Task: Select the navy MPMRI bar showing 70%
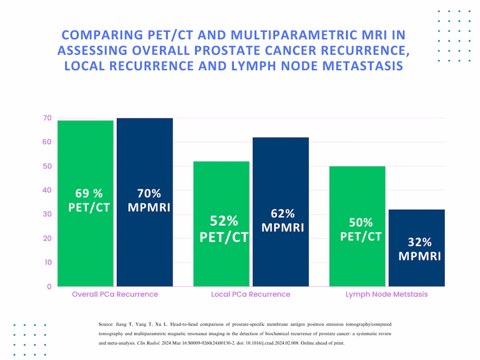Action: [x=144, y=248]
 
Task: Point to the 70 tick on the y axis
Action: [x=47, y=118]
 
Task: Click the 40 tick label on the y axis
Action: [x=47, y=190]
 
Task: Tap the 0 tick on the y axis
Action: [x=49, y=286]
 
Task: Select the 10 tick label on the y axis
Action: [x=47, y=262]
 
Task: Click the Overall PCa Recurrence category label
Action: [x=115, y=294]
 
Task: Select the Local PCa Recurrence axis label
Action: [x=251, y=294]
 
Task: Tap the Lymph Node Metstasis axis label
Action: [x=386, y=294]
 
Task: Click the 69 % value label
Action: [x=89, y=194]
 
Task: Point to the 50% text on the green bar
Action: [x=361, y=222]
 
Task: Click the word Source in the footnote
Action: [x=106, y=324]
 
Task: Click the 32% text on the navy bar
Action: [x=420, y=242]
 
